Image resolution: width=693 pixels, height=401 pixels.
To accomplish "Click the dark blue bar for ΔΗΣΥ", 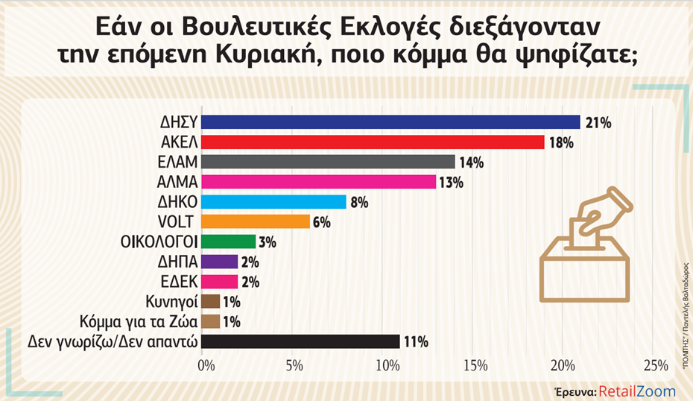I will coord(391,122).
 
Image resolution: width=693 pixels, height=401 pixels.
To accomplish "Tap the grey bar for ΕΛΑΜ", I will coord(329,162).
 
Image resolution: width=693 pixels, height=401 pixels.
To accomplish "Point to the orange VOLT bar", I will coord(256,221).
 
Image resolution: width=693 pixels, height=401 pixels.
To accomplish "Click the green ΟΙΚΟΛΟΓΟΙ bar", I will coord(229,241).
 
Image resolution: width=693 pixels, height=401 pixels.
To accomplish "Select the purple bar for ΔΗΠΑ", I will coord(220,262).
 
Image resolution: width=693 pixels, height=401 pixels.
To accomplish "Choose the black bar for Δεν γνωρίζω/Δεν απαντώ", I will coord(301,341).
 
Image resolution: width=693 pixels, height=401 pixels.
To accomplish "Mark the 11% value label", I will coord(416,342).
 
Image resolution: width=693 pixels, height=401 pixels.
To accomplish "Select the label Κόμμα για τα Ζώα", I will coord(138,322).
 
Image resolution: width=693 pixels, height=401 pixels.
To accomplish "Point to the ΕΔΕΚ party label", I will coord(177,282).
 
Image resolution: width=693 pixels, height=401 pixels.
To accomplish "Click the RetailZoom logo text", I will coord(636,391).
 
